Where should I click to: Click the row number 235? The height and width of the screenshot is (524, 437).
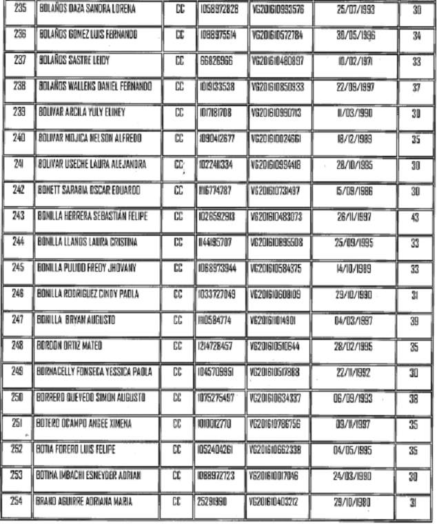point(19,10)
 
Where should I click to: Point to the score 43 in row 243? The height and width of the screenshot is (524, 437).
point(416,217)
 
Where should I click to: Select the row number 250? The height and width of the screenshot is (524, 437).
point(19,399)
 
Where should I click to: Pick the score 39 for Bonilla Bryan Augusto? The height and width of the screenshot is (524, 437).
point(416,321)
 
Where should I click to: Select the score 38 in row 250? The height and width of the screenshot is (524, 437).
point(416,399)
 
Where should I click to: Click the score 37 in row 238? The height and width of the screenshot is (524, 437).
point(416,88)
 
